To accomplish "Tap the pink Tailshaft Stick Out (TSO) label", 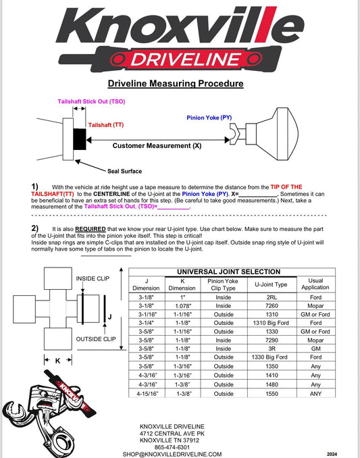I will pyautogui.click(x=90, y=101).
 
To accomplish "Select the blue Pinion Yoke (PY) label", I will pyautogui.click(x=209, y=117).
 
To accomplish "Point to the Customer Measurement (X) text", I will pyautogui.click(x=157, y=145).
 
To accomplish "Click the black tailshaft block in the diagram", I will pyautogui.click(x=79, y=139).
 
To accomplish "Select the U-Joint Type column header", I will pyautogui.click(x=271, y=284).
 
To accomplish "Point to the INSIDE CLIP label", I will pyautogui.click(x=92, y=278).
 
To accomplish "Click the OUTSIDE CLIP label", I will pyautogui.click(x=94, y=338).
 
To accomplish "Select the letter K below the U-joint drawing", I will pyautogui.click(x=57, y=361).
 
